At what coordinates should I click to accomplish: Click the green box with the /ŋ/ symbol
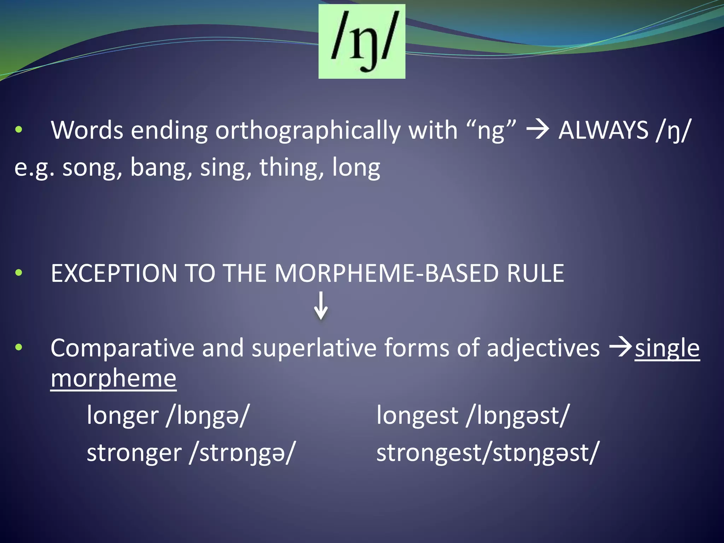click(362, 41)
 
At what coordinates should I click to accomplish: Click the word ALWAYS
click(603, 130)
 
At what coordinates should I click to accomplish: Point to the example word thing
click(288, 168)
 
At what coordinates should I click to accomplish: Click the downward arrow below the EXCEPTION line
click(321, 306)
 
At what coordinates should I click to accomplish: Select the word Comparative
click(122, 348)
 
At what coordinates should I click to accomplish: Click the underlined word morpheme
click(113, 379)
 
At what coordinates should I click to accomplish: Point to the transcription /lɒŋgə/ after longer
click(208, 416)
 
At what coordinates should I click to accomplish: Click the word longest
click(417, 416)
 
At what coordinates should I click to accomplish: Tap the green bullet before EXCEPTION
click(19, 273)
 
